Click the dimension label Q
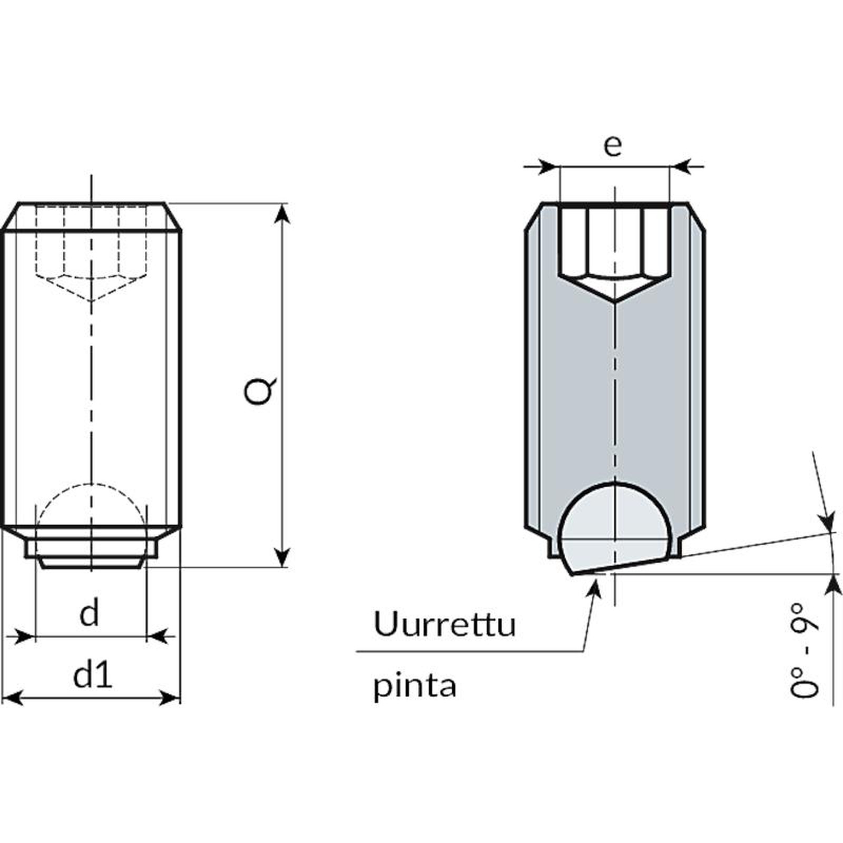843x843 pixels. (260, 390)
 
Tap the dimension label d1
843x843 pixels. (93, 675)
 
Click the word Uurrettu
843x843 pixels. (444, 624)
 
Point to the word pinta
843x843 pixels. (415, 687)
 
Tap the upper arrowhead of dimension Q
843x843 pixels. (283, 213)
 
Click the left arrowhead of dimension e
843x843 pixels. (548, 167)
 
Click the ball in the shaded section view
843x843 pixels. (614, 532)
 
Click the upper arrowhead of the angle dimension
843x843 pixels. (829, 522)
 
